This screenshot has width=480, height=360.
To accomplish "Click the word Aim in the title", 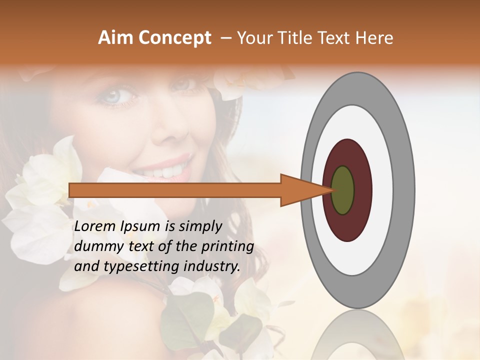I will (x=116, y=38).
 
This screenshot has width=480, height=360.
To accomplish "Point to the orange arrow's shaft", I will (x=175, y=190).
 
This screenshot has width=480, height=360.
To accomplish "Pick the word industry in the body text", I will (x=211, y=266).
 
